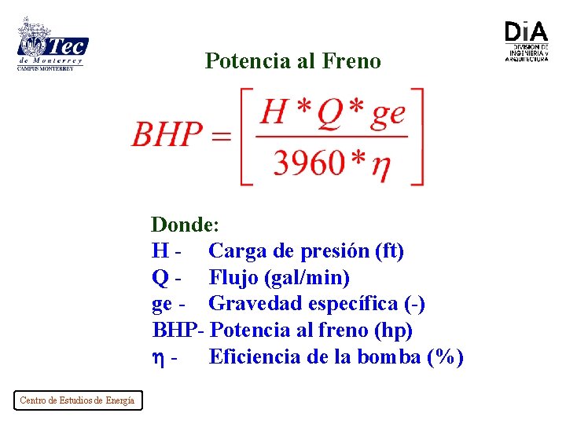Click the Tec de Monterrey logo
click(x=52, y=45)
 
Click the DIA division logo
click(x=526, y=41)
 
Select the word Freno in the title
click(x=351, y=61)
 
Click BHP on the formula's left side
click(x=167, y=135)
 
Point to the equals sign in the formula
click(x=222, y=136)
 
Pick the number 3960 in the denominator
click(x=309, y=163)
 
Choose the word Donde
click(x=183, y=225)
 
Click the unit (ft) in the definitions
click(x=389, y=251)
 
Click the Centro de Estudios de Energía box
click(x=77, y=400)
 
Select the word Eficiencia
click(x=253, y=357)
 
